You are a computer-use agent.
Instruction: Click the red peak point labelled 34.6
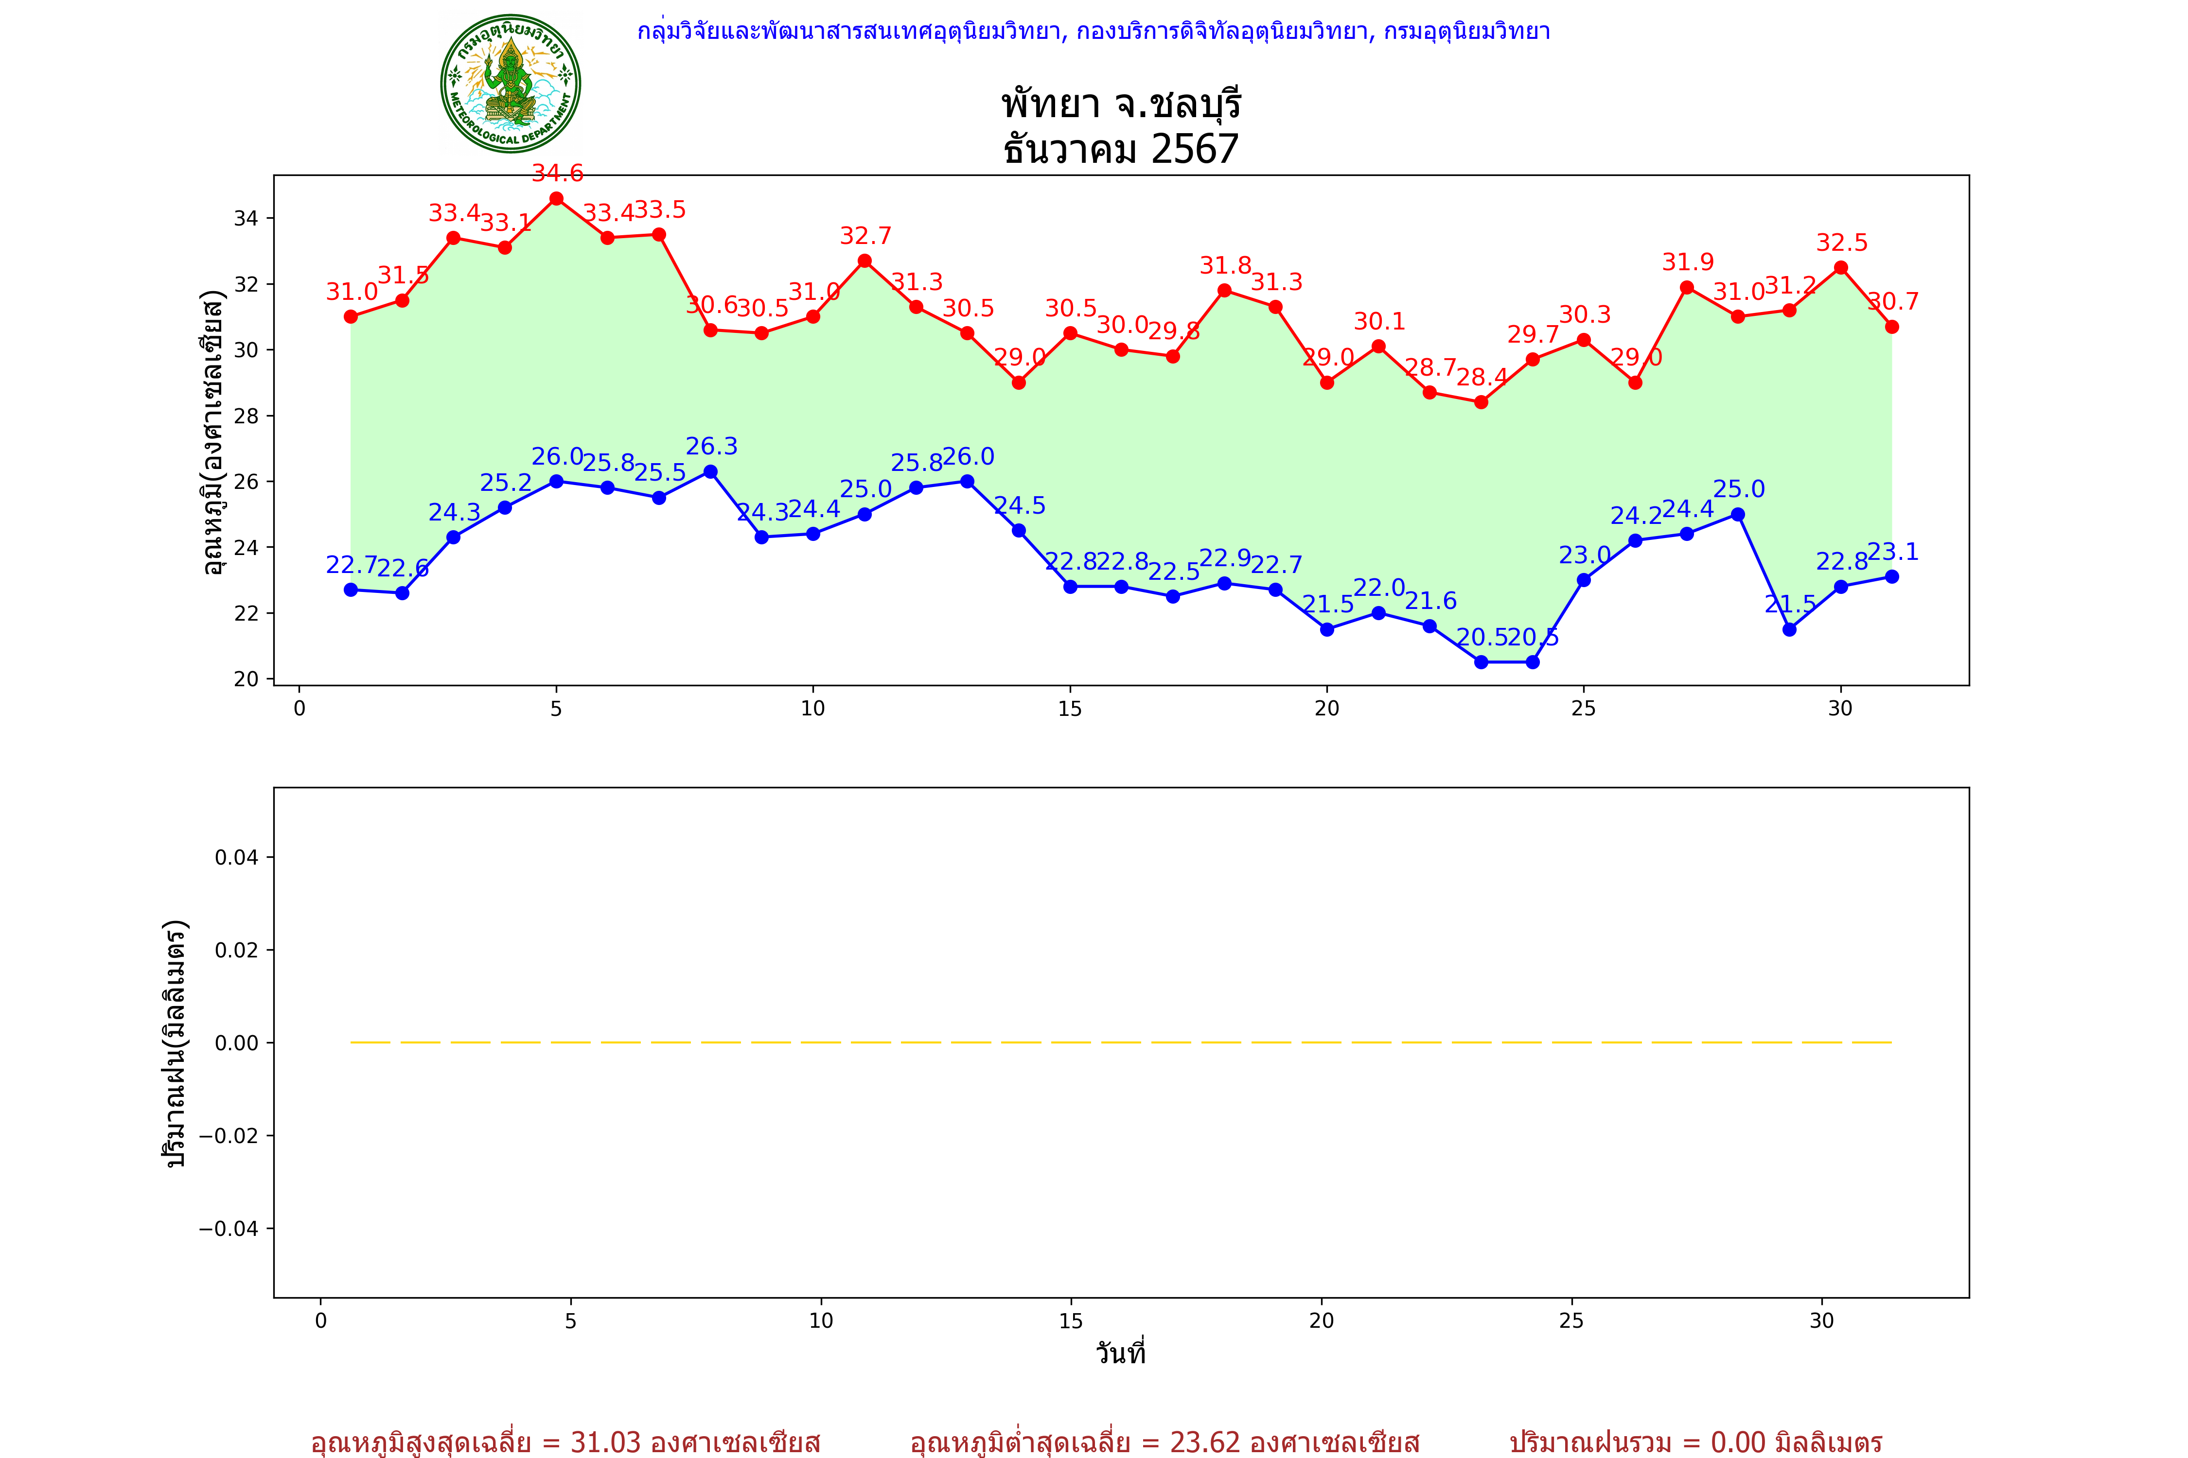556,198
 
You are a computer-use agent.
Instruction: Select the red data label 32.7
865,236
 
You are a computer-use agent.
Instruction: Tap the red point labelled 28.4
1481,402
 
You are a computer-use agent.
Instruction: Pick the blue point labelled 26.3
711,471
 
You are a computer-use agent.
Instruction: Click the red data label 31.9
1688,262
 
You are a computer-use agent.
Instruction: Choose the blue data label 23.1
1893,552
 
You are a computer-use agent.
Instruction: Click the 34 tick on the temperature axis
246,219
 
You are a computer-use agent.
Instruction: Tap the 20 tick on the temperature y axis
246,679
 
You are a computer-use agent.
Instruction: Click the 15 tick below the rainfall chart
1071,1320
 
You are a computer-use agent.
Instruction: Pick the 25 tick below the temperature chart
1583,709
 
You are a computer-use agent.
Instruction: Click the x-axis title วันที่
1120,1353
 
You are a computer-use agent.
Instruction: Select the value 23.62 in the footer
1205,1442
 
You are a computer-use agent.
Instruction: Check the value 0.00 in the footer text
1738,1442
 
